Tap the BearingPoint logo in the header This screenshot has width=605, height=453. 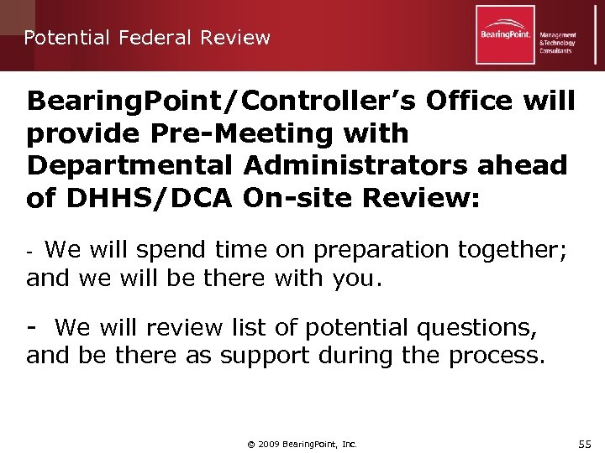(505, 34)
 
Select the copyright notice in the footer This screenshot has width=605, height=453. (302, 444)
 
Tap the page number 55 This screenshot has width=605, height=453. (585, 442)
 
